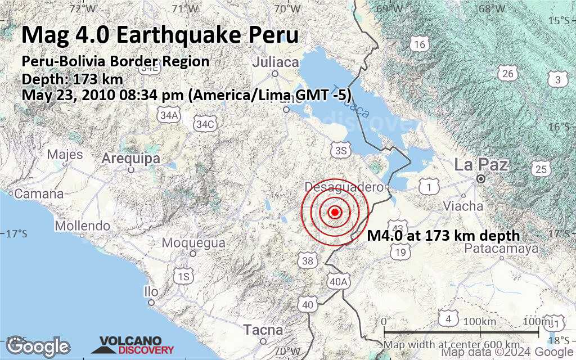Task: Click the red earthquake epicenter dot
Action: click(335, 212)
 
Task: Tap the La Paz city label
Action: click(481, 165)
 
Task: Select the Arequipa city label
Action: click(130, 159)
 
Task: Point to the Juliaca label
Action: click(275, 62)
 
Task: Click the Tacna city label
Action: click(263, 329)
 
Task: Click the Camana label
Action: click(39, 194)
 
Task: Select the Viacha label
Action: click(463, 206)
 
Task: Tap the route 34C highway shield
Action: click(204, 124)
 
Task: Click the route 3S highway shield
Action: click(340, 150)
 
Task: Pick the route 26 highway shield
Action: click(508, 74)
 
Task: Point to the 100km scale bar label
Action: click(480, 321)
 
